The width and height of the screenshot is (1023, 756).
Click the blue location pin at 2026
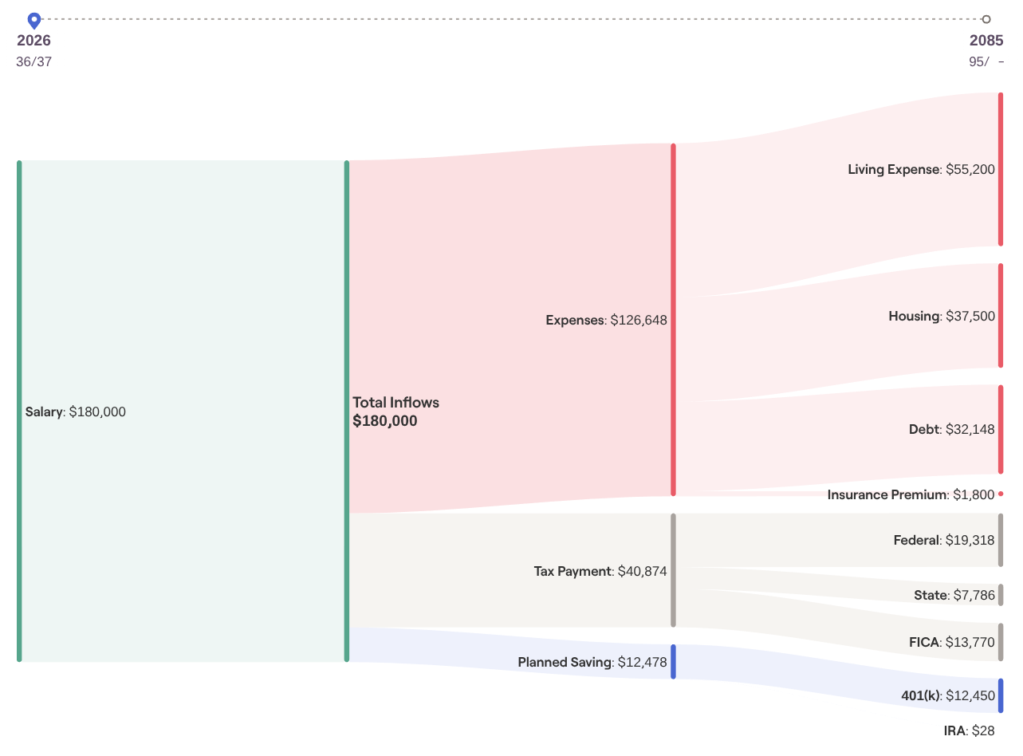click(33, 20)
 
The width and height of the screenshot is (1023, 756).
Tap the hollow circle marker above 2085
click(986, 19)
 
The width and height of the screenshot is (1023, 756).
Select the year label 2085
click(986, 41)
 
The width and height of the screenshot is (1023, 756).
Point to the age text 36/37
click(33, 61)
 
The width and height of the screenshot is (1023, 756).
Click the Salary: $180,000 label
click(76, 412)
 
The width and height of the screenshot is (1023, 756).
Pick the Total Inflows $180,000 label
click(395, 411)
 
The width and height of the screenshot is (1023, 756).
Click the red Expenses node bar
click(674, 319)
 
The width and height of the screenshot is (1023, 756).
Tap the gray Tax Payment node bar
click(674, 570)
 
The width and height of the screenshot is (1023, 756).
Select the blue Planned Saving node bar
click(674, 662)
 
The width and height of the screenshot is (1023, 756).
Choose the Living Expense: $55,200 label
click(921, 169)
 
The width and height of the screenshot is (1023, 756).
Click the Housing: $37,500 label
click(942, 317)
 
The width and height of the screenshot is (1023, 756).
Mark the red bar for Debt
click(1001, 429)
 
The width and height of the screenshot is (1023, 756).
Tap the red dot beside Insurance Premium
click(1001, 494)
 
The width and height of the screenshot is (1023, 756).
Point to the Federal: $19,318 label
click(944, 541)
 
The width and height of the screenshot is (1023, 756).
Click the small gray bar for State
click(1001, 595)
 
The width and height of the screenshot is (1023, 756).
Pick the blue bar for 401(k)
click(1001, 695)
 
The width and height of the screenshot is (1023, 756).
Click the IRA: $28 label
click(969, 730)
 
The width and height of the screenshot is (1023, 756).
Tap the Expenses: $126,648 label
click(606, 321)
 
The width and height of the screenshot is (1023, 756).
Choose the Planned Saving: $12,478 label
click(592, 663)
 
